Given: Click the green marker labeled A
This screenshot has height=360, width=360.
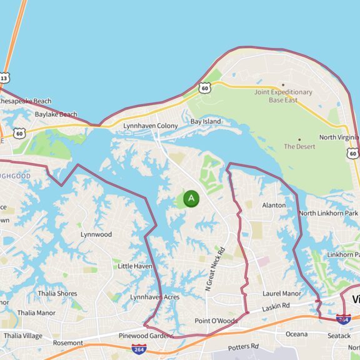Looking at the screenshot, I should [x=191, y=199].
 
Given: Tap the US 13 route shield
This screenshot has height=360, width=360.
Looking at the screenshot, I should [x=4, y=78].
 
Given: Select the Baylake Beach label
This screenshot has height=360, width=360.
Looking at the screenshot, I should [x=56, y=114].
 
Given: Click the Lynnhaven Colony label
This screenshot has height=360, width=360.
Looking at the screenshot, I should [x=151, y=126].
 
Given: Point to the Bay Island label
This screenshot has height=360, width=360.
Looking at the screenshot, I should [x=206, y=121].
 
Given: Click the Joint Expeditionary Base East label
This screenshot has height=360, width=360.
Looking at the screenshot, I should [x=282, y=96].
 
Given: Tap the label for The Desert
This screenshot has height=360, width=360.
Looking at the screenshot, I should [x=299, y=146].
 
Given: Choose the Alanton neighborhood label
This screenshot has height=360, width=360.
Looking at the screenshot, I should [x=274, y=205].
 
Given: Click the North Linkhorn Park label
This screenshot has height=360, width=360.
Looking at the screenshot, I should [x=329, y=213].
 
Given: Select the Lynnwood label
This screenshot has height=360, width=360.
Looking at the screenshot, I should [x=96, y=234].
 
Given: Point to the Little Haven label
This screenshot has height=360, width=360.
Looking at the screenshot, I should [x=135, y=266].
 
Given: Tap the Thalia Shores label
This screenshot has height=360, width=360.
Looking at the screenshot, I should [x=57, y=293].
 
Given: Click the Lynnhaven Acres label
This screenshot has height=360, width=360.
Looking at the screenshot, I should [x=154, y=297].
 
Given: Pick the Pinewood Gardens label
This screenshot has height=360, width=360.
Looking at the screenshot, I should [x=146, y=336].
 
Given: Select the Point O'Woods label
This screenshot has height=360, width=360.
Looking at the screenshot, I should [x=216, y=321].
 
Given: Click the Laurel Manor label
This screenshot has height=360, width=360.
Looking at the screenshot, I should [x=282, y=293].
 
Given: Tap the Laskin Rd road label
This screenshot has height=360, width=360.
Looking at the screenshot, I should [x=276, y=306].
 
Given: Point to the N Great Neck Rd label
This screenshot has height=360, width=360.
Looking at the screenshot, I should [x=213, y=269].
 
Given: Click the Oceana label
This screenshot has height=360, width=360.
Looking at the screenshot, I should [x=297, y=334].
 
